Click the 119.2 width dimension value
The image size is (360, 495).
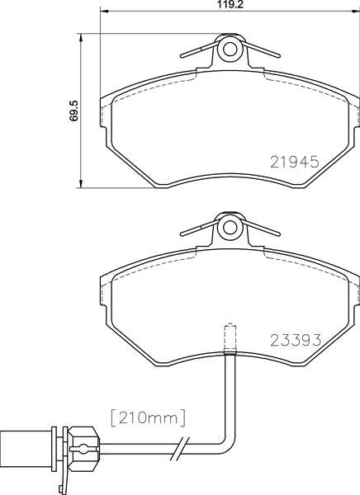[x=230, y=5]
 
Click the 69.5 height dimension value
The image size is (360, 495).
[x=74, y=111]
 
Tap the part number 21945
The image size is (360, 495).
[x=295, y=162]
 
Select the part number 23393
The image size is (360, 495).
[x=296, y=340]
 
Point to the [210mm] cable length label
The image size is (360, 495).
[x=149, y=418]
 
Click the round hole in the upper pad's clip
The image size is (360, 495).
[x=230, y=49]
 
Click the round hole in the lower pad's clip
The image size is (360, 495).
[x=230, y=228]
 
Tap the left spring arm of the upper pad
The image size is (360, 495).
[x=199, y=50]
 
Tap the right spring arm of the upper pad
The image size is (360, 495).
[x=261, y=50]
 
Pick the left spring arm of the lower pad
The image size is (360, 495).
[x=199, y=229]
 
